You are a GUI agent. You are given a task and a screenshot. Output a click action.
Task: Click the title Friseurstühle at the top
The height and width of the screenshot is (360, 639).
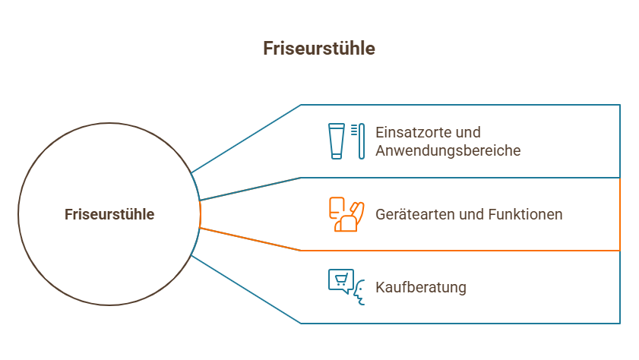click(x=319, y=49)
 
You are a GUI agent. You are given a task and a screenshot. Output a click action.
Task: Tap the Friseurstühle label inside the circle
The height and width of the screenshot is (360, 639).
click(x=109, y=215)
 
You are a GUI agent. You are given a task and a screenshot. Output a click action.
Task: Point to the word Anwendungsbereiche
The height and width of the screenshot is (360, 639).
click(x=448, y=150)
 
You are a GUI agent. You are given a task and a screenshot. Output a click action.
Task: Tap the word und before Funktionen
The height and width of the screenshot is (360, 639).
click(x=473, y=214)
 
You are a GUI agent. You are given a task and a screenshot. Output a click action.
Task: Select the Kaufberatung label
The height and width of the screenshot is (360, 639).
click(x=420, y=287)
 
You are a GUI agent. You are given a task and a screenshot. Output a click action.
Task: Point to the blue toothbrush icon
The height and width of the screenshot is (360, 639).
click(x=361, y=141)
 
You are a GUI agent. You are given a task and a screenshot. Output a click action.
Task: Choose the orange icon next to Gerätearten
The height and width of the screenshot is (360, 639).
click(x=346, y=214)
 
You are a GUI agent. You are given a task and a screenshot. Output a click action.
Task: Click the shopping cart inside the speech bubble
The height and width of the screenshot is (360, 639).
click(x=340, y=279)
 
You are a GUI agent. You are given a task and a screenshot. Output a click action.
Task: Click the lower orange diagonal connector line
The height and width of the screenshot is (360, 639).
click(x=251, y=238)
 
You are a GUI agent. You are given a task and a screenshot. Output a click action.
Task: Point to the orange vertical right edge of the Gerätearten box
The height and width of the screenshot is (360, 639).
click(x=620, y=214)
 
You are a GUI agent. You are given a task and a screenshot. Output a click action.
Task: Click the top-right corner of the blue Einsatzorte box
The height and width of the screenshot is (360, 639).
click(x=620, y=105)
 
